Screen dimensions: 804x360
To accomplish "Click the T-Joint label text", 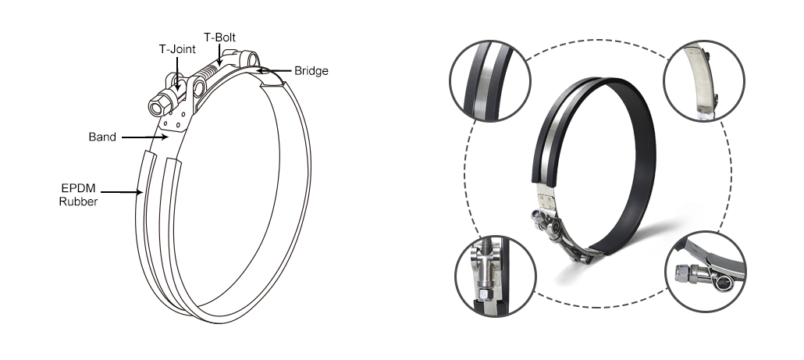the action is [177, 49].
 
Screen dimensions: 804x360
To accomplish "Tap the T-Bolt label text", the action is [219, 37].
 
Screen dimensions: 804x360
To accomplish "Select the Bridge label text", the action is [311, 71].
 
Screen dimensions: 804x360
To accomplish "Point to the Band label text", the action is [102, 137].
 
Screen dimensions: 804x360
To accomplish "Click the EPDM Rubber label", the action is [79, 195].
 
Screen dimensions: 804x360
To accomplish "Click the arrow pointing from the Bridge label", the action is [274, 71].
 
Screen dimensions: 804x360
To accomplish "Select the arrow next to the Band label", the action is [144, 137].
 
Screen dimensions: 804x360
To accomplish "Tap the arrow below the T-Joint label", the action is [177, 74].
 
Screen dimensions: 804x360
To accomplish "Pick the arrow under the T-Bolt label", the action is [219, 55].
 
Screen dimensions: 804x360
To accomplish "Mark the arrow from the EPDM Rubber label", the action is [121, 192].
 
